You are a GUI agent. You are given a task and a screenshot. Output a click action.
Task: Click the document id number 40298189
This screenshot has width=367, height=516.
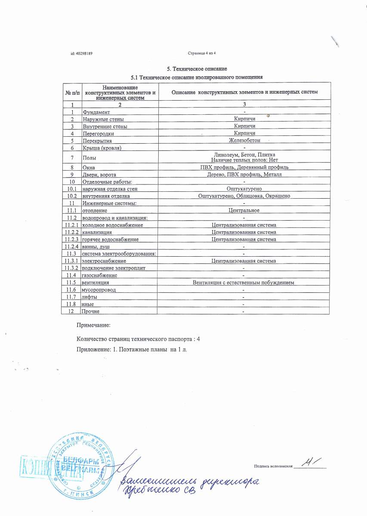(x=84, y=53)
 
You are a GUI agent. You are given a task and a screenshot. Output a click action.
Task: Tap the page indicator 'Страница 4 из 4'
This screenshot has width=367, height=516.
(x=201, y=53)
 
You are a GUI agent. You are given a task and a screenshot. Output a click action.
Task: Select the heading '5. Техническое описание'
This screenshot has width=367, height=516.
(x=197, y=69)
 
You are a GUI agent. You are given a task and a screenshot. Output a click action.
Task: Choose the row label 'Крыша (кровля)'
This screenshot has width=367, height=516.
(x=102, y=148)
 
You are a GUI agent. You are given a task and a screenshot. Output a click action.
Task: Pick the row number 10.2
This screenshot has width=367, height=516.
(x=72, y=196)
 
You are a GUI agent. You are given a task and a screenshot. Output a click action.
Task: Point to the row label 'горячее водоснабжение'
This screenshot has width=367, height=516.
(x=111, y=239)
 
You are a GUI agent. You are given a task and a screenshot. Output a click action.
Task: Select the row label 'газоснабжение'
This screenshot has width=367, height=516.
(x=99, y=275)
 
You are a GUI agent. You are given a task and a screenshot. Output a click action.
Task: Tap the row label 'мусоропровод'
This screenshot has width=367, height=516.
(x=99, y=290)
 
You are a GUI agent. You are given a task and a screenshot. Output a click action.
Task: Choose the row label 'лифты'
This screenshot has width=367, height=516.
(x=90, y=297)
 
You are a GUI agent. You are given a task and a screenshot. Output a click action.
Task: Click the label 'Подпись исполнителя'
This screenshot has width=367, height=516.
(x=273, y=466)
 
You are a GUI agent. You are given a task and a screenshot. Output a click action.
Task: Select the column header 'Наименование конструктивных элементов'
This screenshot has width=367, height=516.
(x=120, y=92)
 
